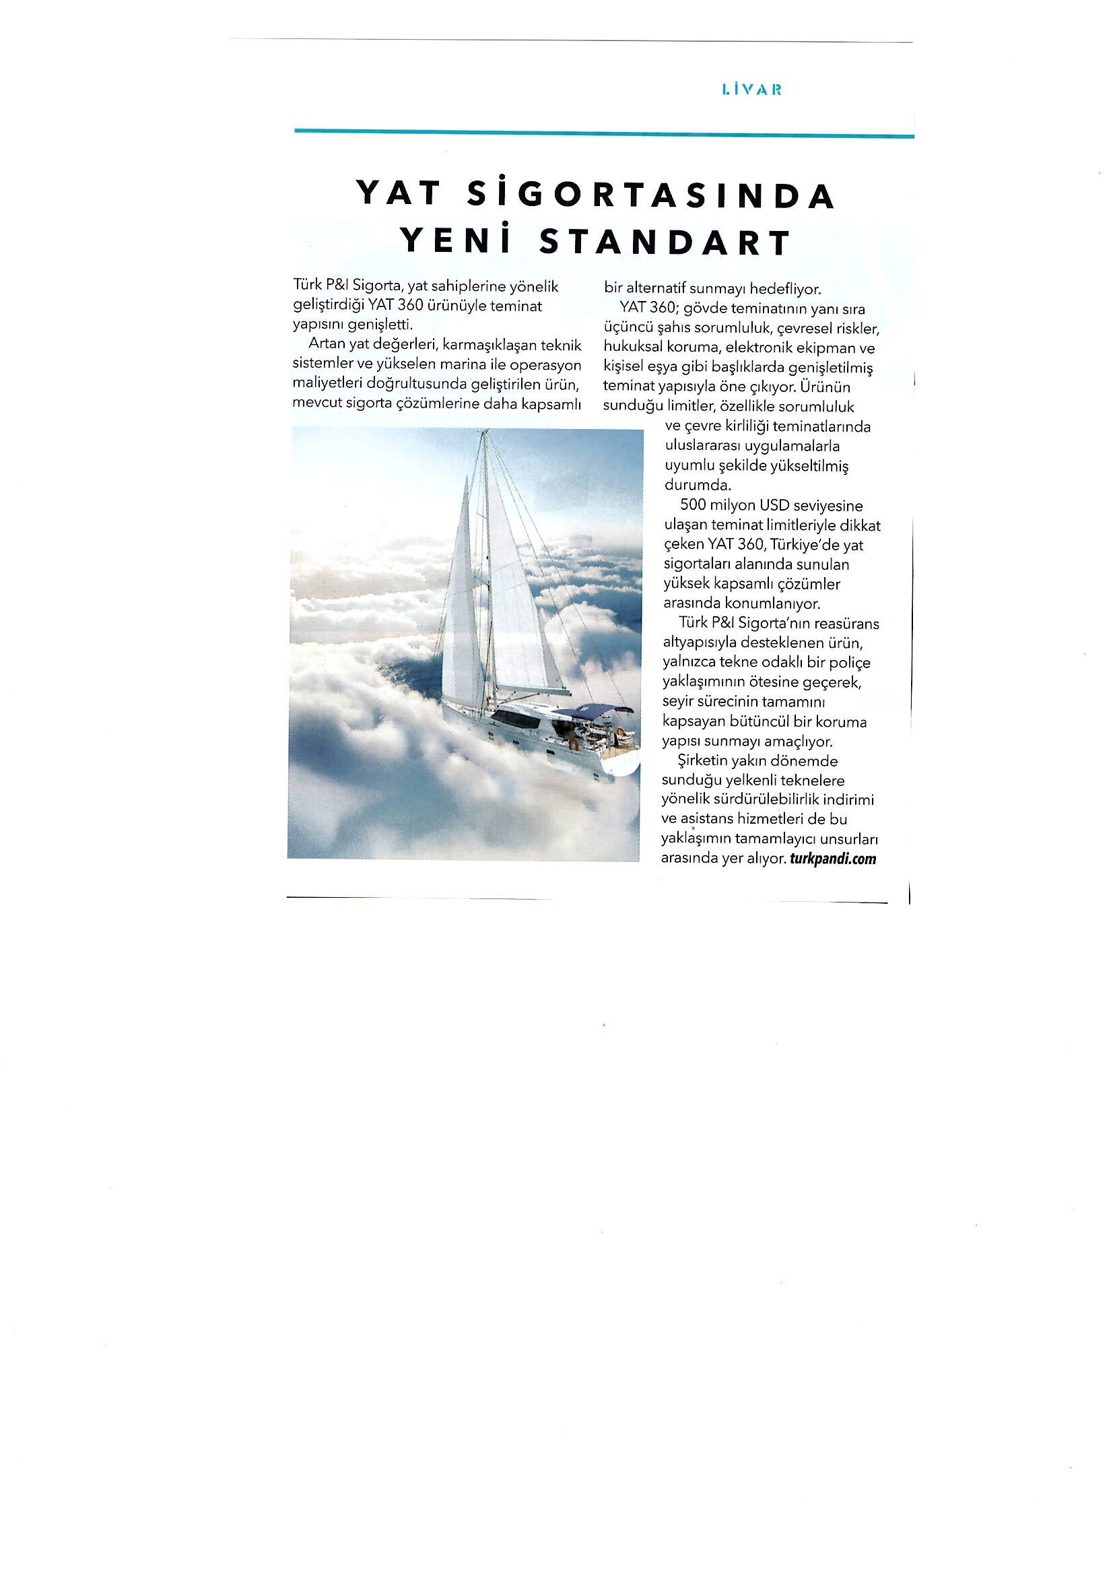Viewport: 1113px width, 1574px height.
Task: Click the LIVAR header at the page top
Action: (x=752, y=89)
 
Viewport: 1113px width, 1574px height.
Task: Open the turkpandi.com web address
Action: (x=833, y=858)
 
